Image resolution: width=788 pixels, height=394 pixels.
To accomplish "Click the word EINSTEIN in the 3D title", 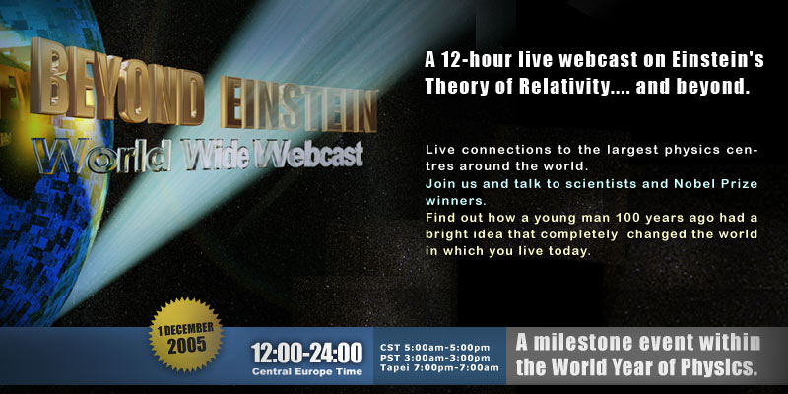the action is [x=299, y=104].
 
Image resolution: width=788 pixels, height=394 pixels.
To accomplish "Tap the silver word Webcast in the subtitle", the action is [x=308, y=154].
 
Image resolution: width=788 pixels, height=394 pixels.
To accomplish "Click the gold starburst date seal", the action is [x=186, y=335].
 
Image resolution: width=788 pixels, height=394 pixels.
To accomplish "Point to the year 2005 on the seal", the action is [x=187, y=345].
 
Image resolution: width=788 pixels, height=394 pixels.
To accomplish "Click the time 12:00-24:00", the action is [x=307, y=353].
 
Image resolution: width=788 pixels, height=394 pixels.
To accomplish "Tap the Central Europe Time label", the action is [x=307, y=372].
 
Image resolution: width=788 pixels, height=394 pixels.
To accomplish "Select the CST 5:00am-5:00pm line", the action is [x=434, y=348].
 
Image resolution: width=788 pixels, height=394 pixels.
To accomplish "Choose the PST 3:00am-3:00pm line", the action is [x=434, y=358].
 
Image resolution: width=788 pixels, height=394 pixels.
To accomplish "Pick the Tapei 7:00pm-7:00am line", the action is [x=439, y=367].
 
